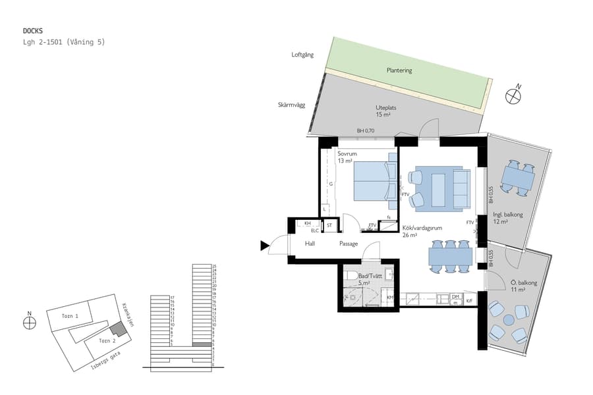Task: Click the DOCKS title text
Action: coord(33,30)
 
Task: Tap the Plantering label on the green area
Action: coord(399,70)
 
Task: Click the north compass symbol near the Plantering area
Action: coord(513,95)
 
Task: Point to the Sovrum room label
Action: coord(347,153)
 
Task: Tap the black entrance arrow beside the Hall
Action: coord(265,246)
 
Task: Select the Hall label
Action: coord(310,244)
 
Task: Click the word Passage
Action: coord(349,244)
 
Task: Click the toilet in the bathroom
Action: coord(351,275)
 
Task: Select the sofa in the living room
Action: coord(461,188)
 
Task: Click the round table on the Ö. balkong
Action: coord(508,321)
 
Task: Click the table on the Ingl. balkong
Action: coord(517,178)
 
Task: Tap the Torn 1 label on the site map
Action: coord(70,317)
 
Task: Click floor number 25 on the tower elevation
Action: coord(214,266)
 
